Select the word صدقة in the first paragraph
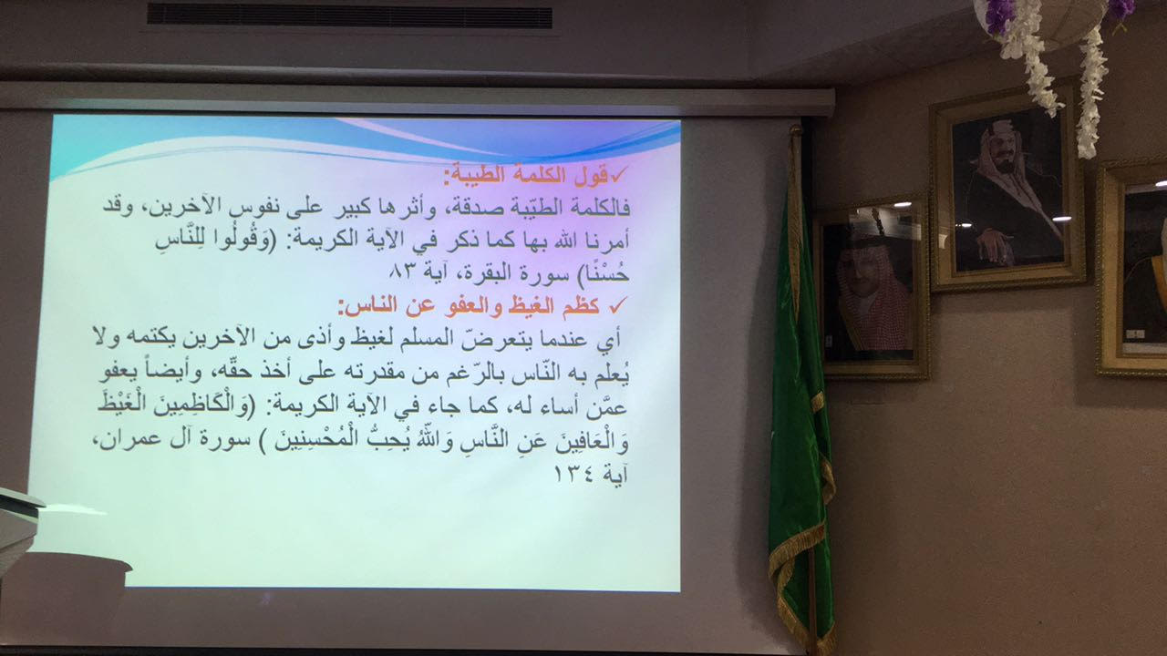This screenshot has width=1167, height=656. click(471, 209)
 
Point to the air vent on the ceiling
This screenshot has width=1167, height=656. click(349, 15)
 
